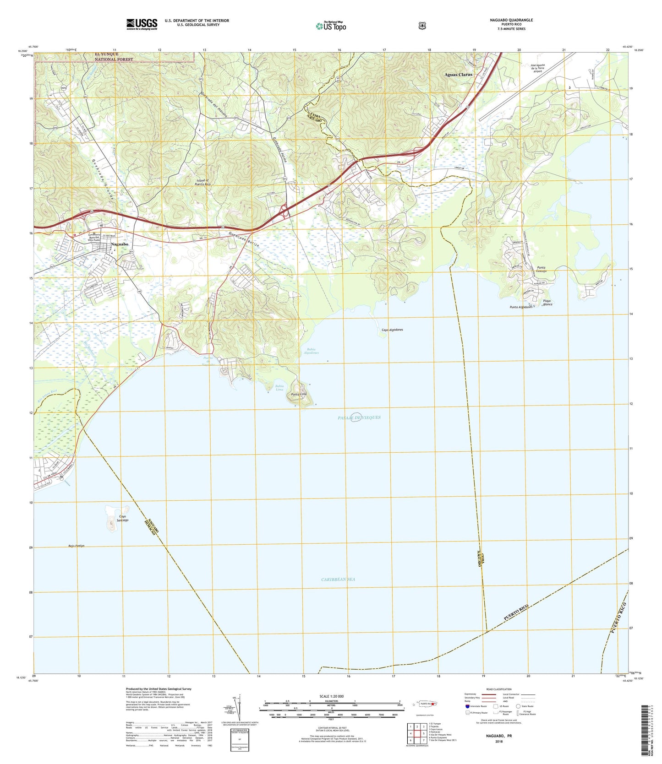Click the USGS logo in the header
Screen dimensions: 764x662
142,24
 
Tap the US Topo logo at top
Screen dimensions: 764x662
331,26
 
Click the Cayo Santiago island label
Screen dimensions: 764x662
122,518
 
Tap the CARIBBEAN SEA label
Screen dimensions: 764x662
338,579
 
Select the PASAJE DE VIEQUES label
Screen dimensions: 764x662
359,417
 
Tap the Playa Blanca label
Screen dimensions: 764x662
547,302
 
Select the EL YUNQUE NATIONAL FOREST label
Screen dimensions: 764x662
114,57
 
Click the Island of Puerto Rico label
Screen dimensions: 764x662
202,182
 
